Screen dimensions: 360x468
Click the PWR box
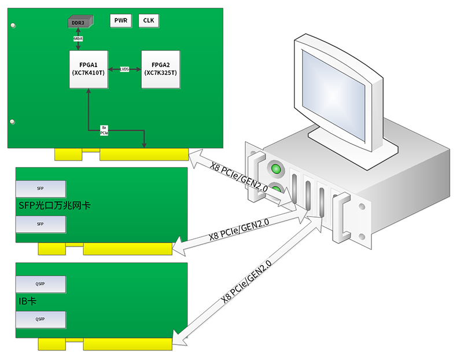(x=121, y=21)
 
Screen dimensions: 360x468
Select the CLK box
(x=149, y=21)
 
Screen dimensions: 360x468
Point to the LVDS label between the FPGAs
(x=124, y=69)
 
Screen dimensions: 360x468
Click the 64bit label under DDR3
(x=78, y=39)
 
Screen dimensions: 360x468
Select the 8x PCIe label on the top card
(x=104, y=130)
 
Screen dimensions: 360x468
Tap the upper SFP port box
(x=40, y=189)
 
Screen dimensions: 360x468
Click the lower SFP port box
(x=40, y=224)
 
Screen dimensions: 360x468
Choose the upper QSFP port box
(x=40, y=284)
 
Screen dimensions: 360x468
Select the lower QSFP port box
(x=40, y=319)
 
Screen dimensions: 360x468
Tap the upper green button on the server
(x=277, y=170)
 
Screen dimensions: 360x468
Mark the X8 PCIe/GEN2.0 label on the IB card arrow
(x=247, y=284)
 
